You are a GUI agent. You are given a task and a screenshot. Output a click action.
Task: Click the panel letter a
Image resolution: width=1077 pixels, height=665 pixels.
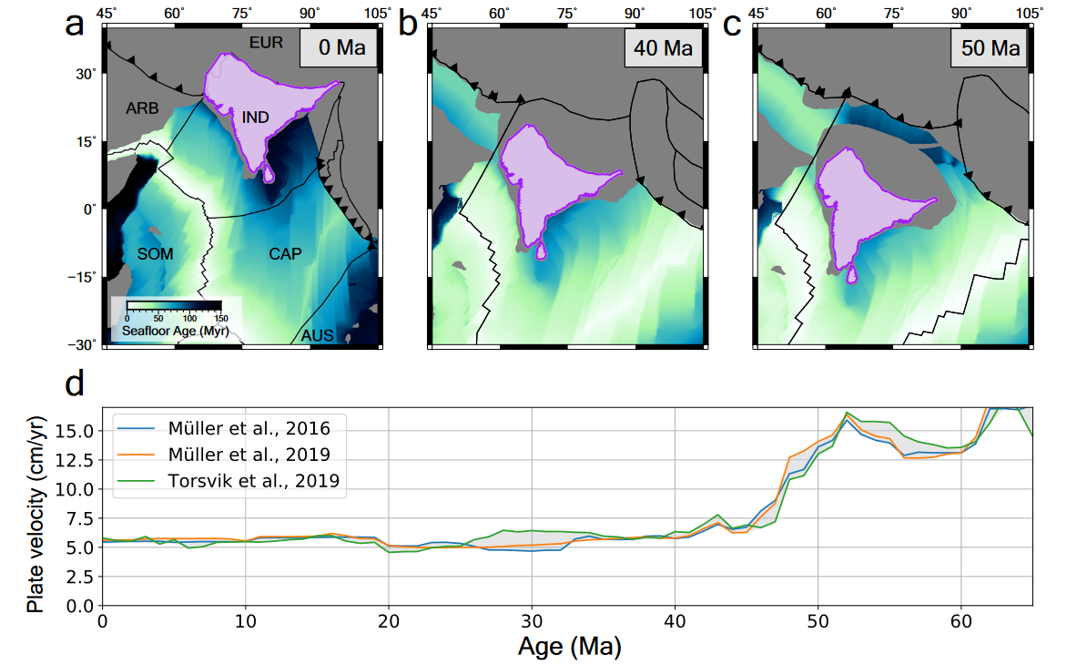click(76, 25)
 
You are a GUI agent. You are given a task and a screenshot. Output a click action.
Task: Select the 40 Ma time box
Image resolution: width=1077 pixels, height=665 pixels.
click(664, 47)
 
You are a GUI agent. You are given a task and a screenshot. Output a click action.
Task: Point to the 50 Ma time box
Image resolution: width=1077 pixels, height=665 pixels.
click(991, 47)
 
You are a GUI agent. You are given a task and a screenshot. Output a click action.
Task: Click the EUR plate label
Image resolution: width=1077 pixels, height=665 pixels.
click(266, 42)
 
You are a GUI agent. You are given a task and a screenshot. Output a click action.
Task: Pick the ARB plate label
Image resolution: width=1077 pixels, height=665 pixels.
click(143, 108)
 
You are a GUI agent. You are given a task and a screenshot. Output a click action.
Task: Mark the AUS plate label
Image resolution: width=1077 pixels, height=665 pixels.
click(318, 336)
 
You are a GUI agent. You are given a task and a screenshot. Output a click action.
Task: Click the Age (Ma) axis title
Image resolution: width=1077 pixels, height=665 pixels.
click(569, 648)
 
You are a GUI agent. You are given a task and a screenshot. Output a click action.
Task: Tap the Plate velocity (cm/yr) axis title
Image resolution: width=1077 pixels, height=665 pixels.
click(36, 506)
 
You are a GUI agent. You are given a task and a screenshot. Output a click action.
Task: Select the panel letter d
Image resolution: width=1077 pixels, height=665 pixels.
click(76, 384)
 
